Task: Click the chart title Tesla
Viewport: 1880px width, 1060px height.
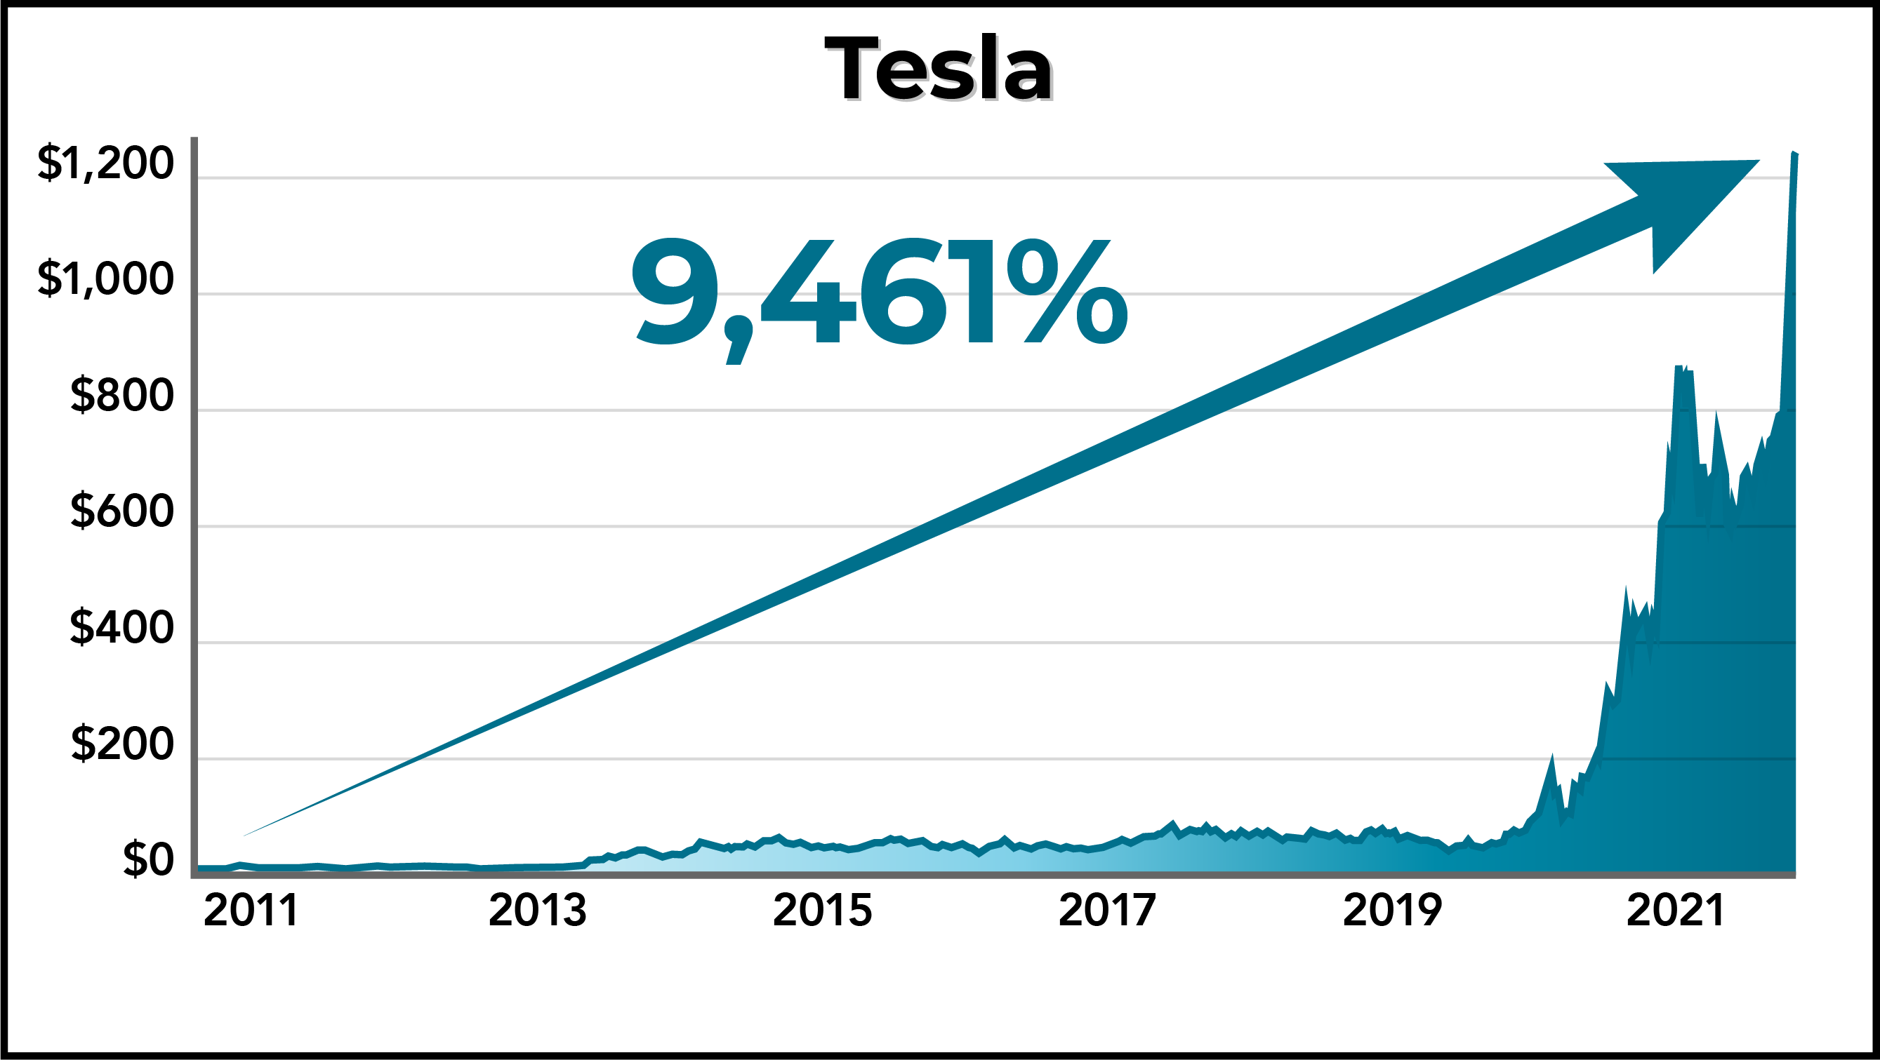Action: point(939,69)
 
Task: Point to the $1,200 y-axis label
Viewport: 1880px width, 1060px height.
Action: point(105,163)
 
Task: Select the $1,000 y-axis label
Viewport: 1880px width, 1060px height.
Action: point(105,279)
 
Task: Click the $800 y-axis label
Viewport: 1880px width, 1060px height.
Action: point(121,396)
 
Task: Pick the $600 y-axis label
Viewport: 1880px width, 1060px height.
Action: point(121,511)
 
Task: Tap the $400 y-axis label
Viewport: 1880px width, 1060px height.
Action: point(121,626)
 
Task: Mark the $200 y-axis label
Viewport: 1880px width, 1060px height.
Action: point(121,744)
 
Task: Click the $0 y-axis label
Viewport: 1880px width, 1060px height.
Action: point(147,859)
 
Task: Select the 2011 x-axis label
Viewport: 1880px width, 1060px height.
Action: point(251,911)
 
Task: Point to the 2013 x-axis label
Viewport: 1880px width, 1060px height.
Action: point(537,911)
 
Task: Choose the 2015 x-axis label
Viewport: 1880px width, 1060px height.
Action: point(822,911)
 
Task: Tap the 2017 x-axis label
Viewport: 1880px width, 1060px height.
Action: point(1107,911)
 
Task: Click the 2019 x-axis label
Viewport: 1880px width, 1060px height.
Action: point(1392,911)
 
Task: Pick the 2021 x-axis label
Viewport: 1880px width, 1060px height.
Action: point(1676,911)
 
